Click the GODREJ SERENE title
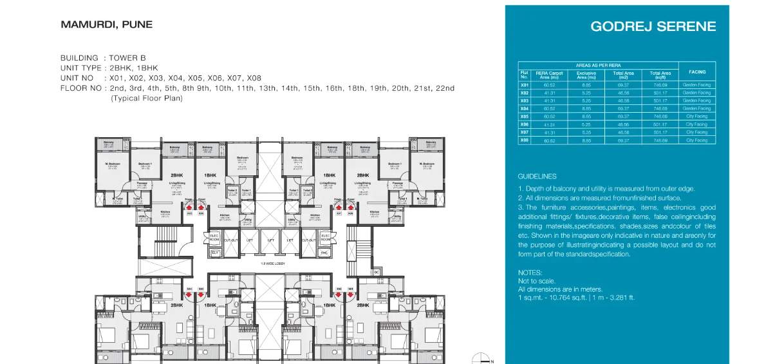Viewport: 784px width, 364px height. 653,26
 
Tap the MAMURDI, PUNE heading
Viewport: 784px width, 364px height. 106,25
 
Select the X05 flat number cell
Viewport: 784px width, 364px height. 524,117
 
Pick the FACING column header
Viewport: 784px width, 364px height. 696,72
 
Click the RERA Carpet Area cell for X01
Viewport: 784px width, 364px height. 549,85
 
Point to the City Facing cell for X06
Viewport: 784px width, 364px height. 696,124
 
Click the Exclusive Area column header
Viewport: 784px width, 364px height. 586,75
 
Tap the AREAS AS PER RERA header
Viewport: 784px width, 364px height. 598,66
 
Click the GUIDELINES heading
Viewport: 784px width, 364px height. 537,177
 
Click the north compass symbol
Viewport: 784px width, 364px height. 479,359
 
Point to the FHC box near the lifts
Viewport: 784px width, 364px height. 325,253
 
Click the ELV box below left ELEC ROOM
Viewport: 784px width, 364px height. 216,253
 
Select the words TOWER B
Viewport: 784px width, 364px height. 127,58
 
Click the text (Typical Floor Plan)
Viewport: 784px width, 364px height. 146,99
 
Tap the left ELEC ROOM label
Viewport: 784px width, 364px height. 216,237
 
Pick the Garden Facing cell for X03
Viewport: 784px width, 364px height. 696,101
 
